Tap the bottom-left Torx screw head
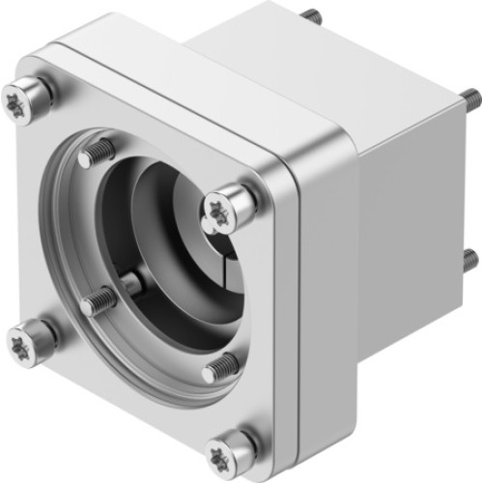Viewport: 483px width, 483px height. pyautogui.click(x=24, y=339)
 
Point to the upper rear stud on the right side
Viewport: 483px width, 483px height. pyautogui.click(x=472, y=98)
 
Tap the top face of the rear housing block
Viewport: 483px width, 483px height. pyautogui.click(x=319, y=48)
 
